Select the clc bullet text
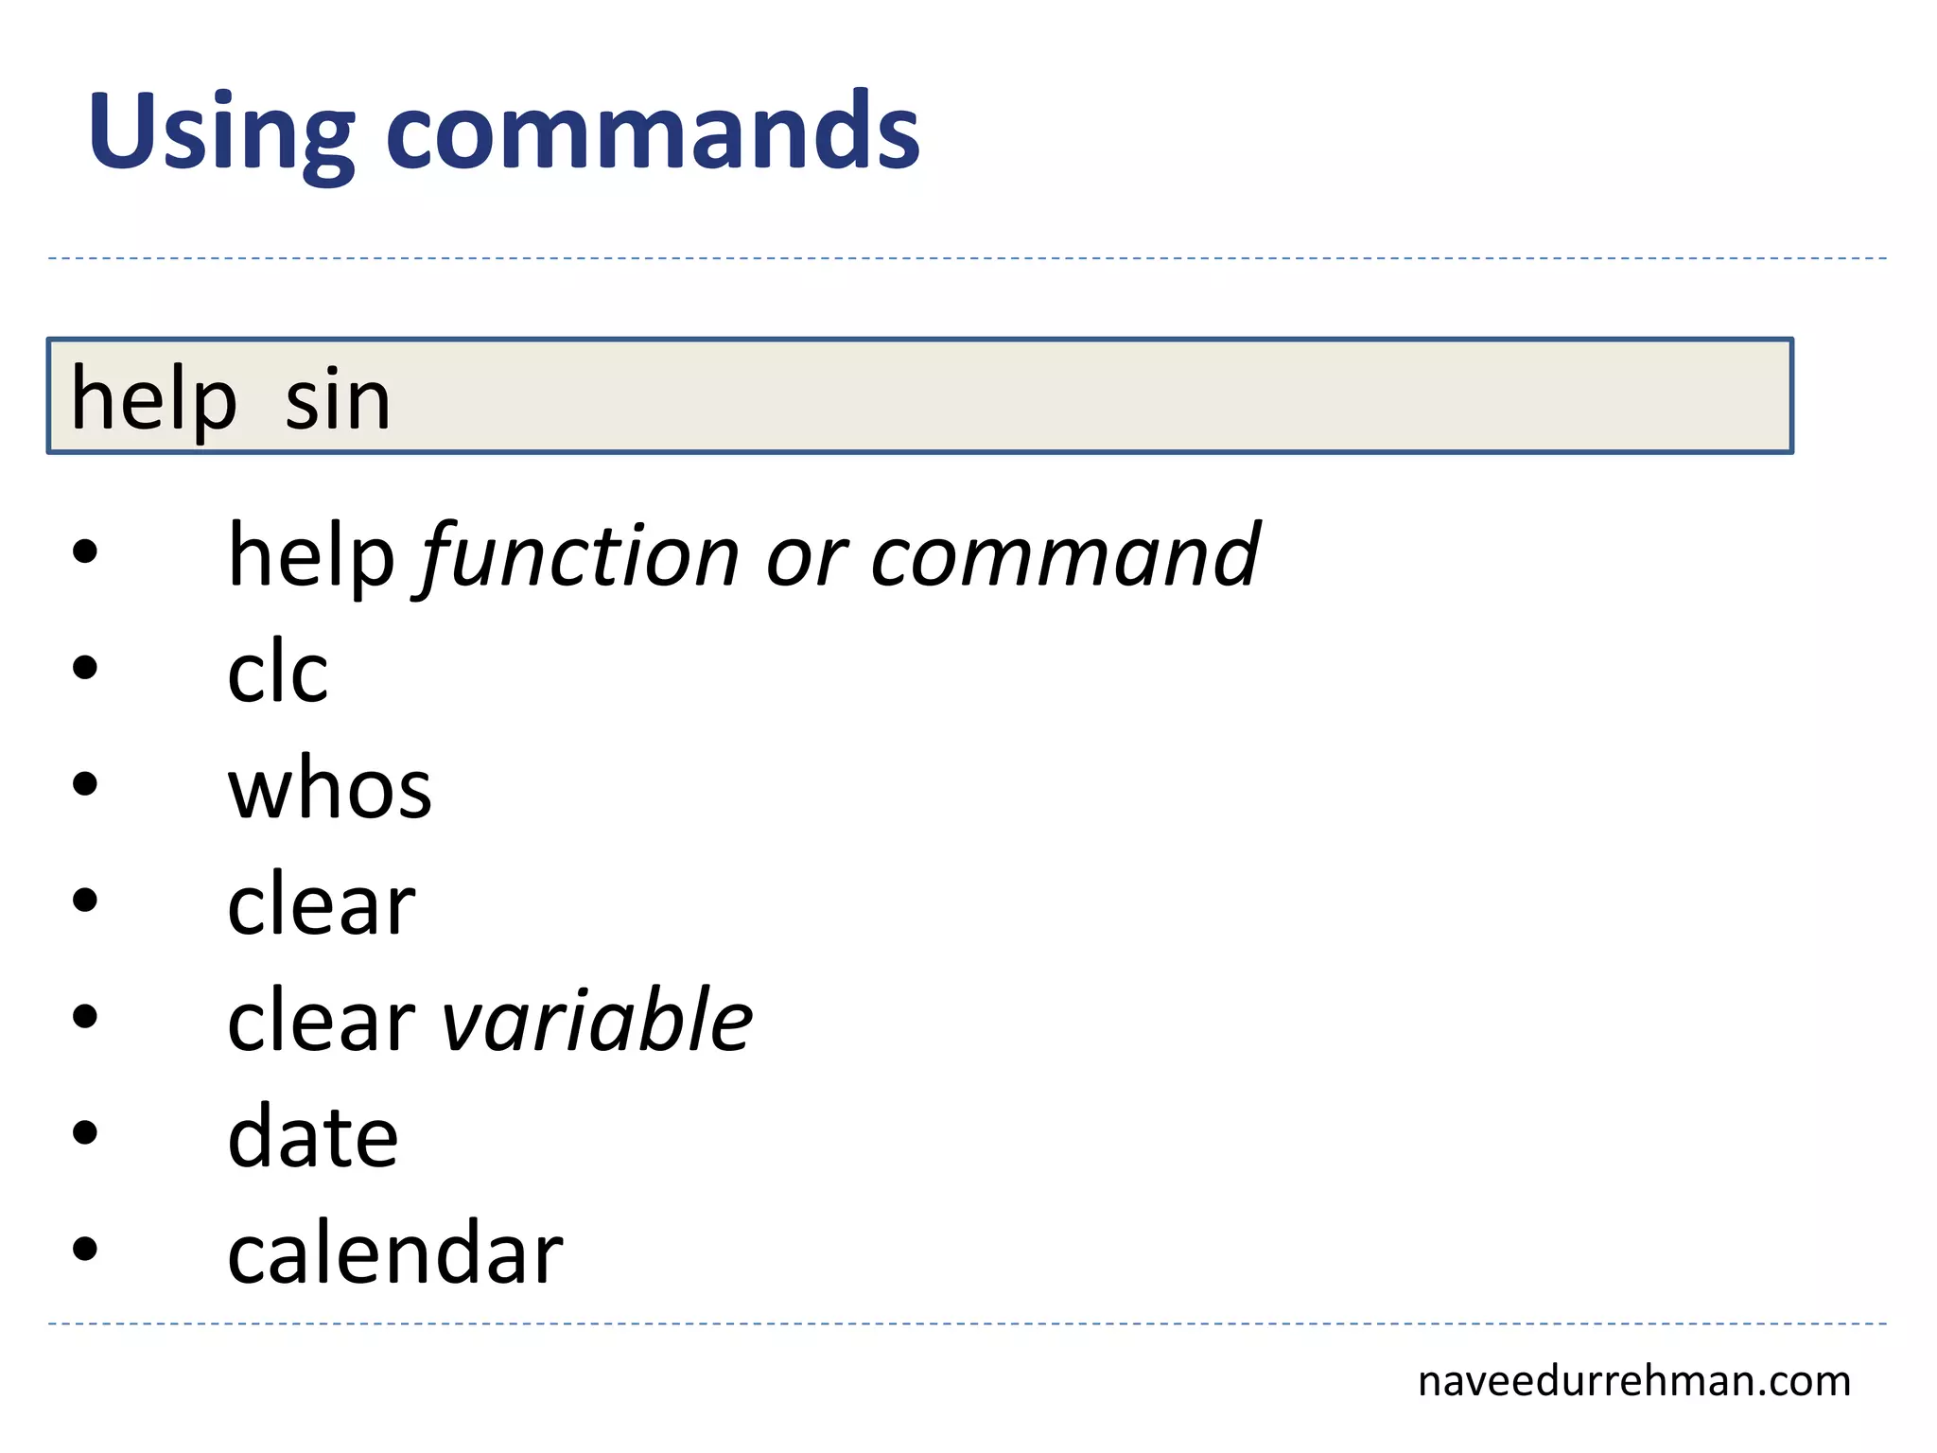point(277,672)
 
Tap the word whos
point(329,789)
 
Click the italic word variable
point(597,1020)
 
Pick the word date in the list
point(312,1137)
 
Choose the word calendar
point(394,1252)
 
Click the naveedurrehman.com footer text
point(1633,1381)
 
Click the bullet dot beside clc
point(85,668)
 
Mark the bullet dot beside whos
point(85,784)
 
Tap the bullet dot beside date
point(85,1132)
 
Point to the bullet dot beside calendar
point(85,1249)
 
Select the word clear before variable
point(321,1020)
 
